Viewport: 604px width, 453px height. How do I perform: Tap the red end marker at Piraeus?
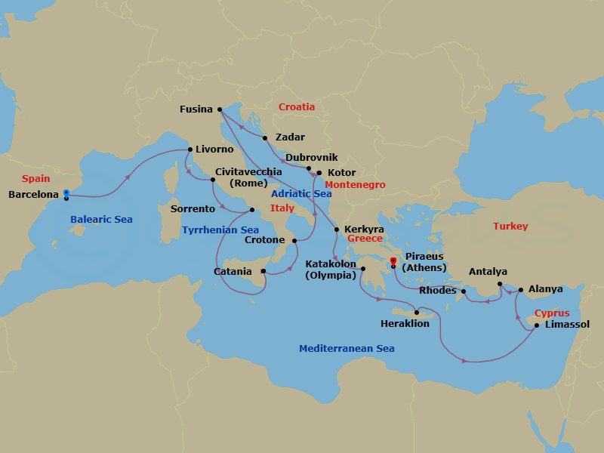point(393,262)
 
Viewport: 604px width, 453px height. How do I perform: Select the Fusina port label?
point(196,109)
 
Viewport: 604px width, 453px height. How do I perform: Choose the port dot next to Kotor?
point(319,173)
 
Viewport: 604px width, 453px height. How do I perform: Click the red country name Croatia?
point(297,106)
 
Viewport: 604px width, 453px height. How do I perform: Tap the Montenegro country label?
point(355,184)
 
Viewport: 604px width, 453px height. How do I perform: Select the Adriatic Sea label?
point(301,193)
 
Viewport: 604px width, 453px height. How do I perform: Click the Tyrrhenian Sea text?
point(220,230)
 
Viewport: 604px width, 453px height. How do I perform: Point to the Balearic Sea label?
point(101,219)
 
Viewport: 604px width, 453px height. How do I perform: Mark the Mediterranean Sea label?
point(347,348)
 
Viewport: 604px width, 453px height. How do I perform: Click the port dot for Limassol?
point(537,325)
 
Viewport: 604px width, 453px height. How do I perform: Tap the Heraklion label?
point(405,323)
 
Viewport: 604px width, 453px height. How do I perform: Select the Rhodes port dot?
point(464,291)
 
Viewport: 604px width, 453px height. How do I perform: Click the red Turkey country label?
point(510,226)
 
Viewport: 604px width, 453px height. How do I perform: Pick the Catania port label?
point(233,271)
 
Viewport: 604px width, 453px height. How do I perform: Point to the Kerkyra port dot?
point(337,229)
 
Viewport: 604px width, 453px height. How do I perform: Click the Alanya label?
point(546,288)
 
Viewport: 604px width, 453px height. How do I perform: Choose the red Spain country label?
point(35,179)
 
